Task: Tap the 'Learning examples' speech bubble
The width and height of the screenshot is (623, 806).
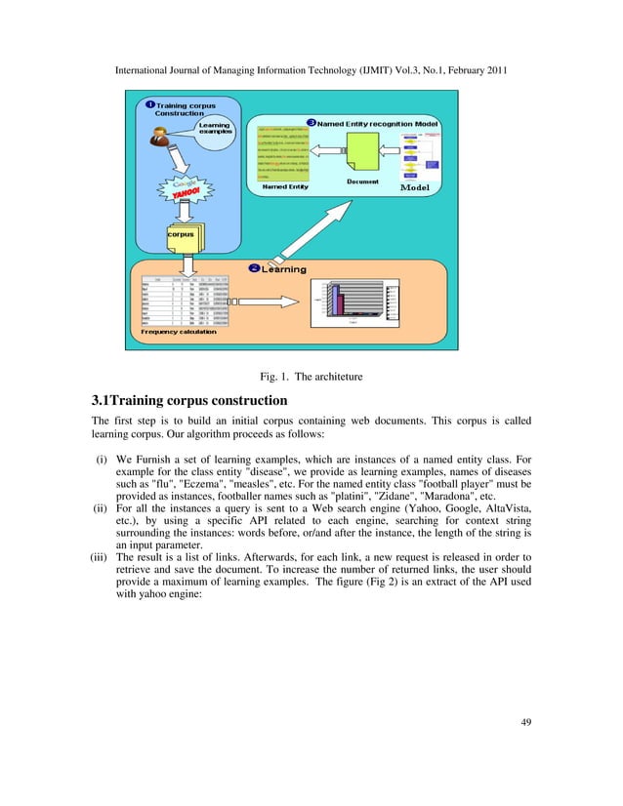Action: click(x=214, y=130)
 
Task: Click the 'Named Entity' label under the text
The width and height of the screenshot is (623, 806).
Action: click(x=286, y=186)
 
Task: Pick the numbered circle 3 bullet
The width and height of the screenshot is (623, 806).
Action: click(x=311, y=122)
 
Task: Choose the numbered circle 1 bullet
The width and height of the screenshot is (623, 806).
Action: click(x=149, y=104)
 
